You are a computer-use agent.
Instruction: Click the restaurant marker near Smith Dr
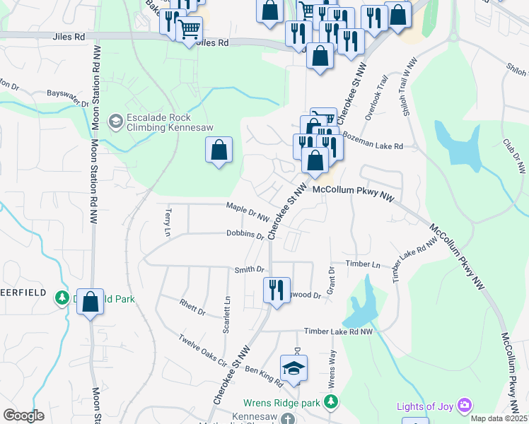pos(277,290)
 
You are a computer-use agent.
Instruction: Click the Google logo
pos(23,416)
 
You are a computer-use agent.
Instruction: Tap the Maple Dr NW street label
pos(248,211)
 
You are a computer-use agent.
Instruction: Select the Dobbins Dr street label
pos(245,234)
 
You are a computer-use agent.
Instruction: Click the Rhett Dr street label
pos(192,307)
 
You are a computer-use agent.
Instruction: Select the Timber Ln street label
pos(363,264)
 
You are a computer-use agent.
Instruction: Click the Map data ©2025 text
pos(497,418)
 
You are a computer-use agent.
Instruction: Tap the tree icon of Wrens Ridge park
pos(330,401)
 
